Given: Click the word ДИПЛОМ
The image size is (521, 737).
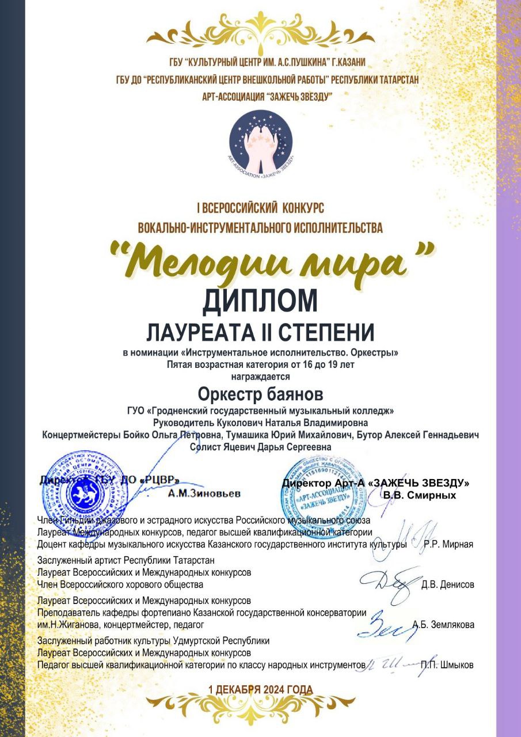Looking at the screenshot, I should (260, 301).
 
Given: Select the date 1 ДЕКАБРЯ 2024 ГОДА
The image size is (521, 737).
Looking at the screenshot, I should (260, 689).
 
